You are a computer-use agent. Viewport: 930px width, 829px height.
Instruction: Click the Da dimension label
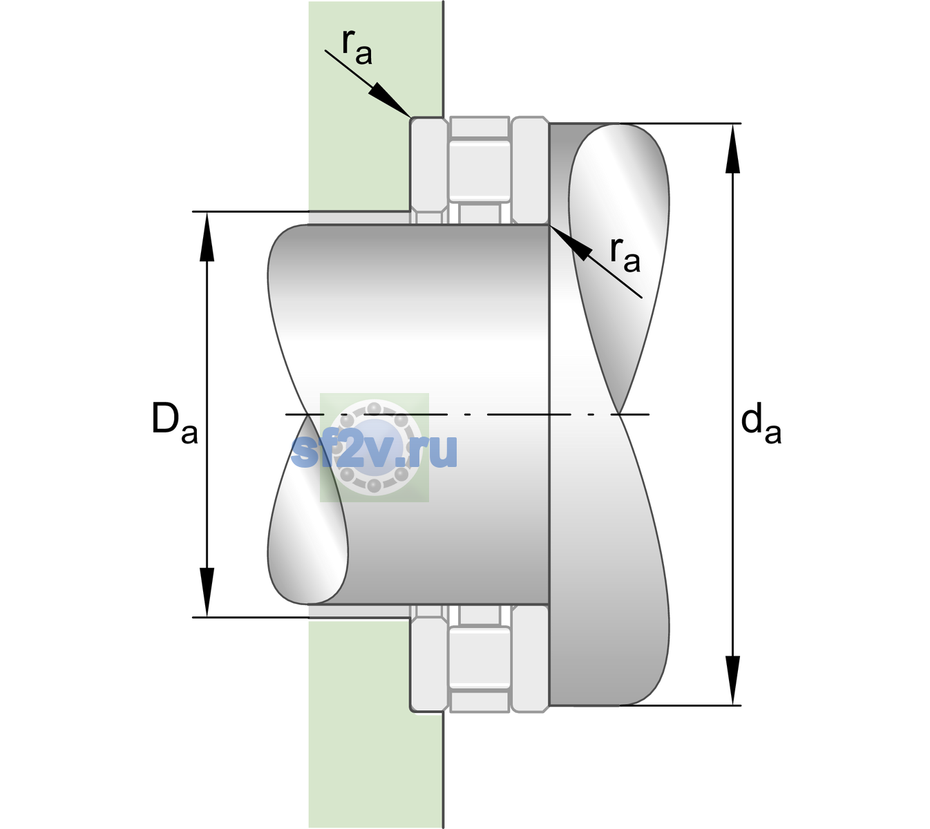click(x=174, y=423)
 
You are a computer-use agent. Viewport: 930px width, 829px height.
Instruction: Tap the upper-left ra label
click(x=357, y=48)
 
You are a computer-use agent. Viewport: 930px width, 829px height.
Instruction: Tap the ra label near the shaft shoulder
click(x=625, y=256)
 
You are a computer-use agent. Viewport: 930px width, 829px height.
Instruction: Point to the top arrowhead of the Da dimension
click(x=207, y=236)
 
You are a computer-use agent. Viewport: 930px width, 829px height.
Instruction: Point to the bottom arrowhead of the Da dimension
click(x=207, y=592)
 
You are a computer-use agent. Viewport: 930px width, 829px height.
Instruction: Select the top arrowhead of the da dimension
click(x=732, y=149)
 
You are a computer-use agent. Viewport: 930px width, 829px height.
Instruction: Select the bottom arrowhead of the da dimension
click(x=732, y=680)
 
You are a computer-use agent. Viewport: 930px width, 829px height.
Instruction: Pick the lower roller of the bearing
click(x=480, y=657)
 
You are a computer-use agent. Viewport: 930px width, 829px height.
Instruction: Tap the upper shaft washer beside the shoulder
click(x=530, y=171)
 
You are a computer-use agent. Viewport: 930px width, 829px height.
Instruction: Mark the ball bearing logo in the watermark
click(x=374, y=448)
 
